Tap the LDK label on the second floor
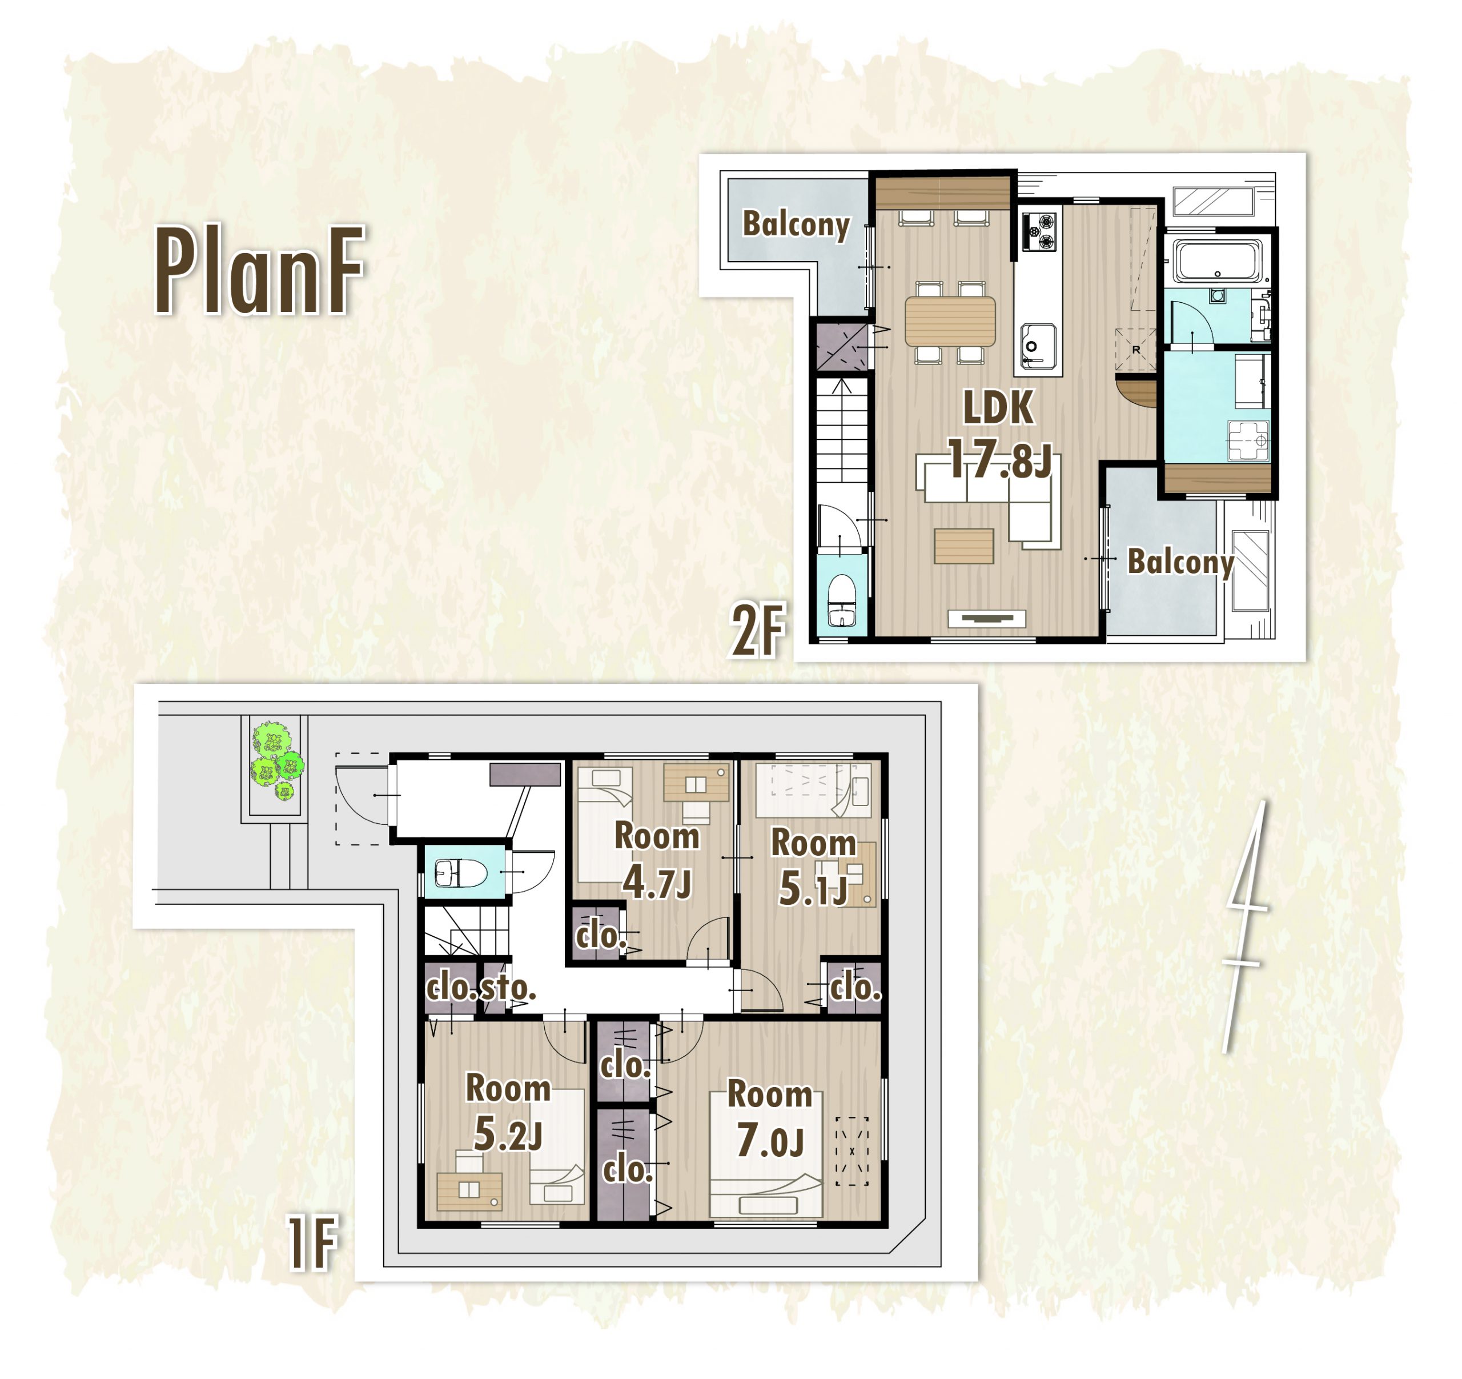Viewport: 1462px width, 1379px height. [x=998, y=407]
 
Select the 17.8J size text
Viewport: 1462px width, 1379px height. [x=999, y=459]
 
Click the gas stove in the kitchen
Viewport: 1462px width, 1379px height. [x=1038, y=231]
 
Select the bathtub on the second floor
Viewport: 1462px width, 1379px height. [x=1217, y=260]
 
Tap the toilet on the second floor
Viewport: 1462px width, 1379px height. [x=842, y=601]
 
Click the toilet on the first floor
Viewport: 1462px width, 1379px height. [x=460, y=874]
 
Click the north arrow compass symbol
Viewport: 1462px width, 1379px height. [x=1245, y=926]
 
